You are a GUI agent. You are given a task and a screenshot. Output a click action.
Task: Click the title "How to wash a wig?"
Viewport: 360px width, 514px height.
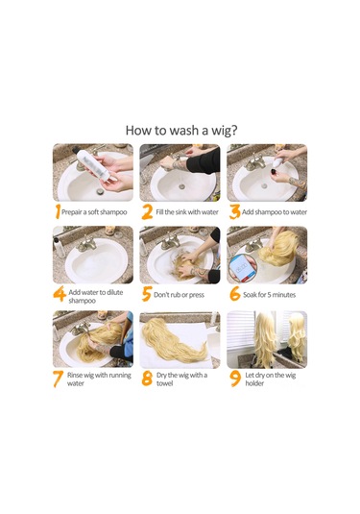click(x=181, y=130)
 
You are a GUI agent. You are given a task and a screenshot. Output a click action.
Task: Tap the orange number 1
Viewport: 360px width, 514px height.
click(x=58, y=211)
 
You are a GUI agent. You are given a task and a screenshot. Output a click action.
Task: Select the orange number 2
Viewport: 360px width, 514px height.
click(x=147, y=212)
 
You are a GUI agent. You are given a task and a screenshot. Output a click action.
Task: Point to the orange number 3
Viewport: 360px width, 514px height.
click(x=234, y=211)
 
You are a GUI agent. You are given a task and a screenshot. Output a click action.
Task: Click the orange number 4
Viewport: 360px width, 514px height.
click(x=60, y=294)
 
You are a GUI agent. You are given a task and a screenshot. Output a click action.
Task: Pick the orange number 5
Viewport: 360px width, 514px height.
click(x=147, y=294)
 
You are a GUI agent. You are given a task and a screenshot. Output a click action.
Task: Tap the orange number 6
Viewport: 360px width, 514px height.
click(x=235, y=293)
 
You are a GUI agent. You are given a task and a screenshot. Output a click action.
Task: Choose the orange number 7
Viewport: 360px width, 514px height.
click(x=58, y=379)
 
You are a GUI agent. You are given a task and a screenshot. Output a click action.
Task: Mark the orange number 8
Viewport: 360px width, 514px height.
click(x=147, y=379)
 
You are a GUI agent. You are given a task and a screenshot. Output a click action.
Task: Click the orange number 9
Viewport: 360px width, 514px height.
click(x=235, y=379)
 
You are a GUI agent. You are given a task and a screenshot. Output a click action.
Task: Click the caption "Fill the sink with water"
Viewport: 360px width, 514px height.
click(x=187, y=212)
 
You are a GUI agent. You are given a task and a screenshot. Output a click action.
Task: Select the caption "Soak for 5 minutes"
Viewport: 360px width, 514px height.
click(x=269, y=295)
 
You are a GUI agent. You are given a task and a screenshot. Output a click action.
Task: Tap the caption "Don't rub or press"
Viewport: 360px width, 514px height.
click(x=179, y=295)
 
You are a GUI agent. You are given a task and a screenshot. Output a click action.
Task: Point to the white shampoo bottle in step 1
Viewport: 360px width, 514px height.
click(x=93, y=165)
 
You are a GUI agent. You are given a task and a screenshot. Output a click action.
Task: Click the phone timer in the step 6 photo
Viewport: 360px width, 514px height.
click(x=240, y=267)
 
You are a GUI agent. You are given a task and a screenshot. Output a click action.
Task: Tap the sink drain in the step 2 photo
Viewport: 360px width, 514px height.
click(x=181, y=187)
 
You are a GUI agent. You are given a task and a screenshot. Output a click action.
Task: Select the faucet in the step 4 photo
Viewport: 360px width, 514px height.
click(x=85, y=244)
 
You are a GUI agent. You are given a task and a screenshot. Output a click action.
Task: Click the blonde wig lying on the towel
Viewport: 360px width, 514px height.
click(x=173, y=340)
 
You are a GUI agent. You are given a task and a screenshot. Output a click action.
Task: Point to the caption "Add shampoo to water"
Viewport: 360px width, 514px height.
click(x=275, y=212)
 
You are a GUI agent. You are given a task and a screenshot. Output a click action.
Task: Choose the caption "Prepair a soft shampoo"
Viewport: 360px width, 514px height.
click(x=94, y=212)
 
